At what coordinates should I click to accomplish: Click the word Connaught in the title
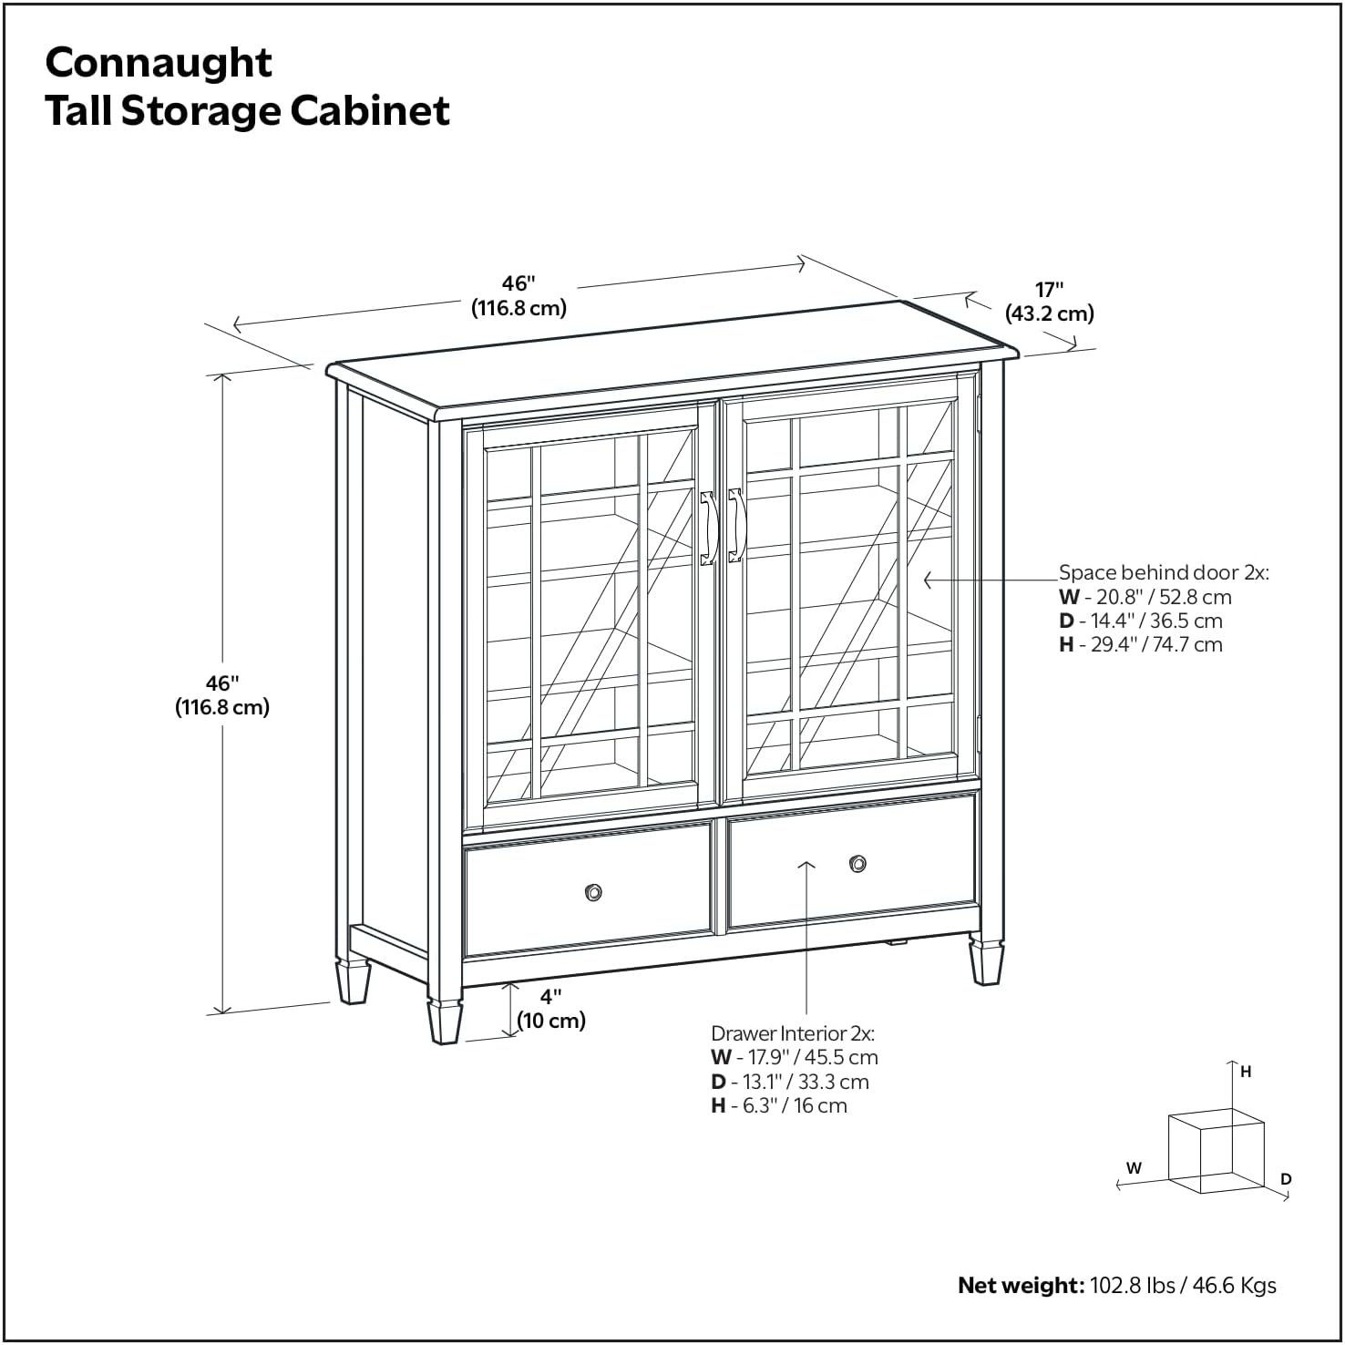click(159, 63)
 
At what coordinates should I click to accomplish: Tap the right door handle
click(736, 525)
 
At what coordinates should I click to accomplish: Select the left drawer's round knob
click(593, 892)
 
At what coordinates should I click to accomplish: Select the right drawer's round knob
click(857, 864)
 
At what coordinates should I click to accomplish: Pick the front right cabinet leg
click(986, 962)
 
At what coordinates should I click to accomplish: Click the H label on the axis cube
click(1246, 1073)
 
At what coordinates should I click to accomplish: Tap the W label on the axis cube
click(1134, 1167)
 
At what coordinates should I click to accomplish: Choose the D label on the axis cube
click(1286, 1179)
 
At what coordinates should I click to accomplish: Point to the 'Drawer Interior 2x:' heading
click(792, 1033)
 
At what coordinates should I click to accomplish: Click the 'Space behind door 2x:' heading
click(1163, 572)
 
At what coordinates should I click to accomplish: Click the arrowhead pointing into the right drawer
click(806, 864)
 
